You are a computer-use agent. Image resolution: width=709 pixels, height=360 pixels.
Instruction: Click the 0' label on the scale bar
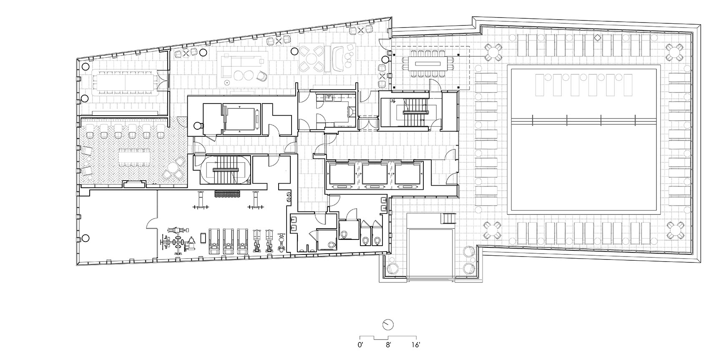coord(361,345)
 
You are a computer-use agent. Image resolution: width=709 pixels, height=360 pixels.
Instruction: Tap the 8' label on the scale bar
coord(388,345)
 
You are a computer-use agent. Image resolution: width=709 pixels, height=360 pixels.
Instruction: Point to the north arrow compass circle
coord(388,325)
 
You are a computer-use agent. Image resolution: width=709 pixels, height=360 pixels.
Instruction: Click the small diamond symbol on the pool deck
coord(597,38)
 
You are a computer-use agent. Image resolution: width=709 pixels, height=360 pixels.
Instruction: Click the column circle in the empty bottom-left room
coord(85,238)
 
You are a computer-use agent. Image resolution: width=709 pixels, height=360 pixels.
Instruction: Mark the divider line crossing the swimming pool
coord(584,121)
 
